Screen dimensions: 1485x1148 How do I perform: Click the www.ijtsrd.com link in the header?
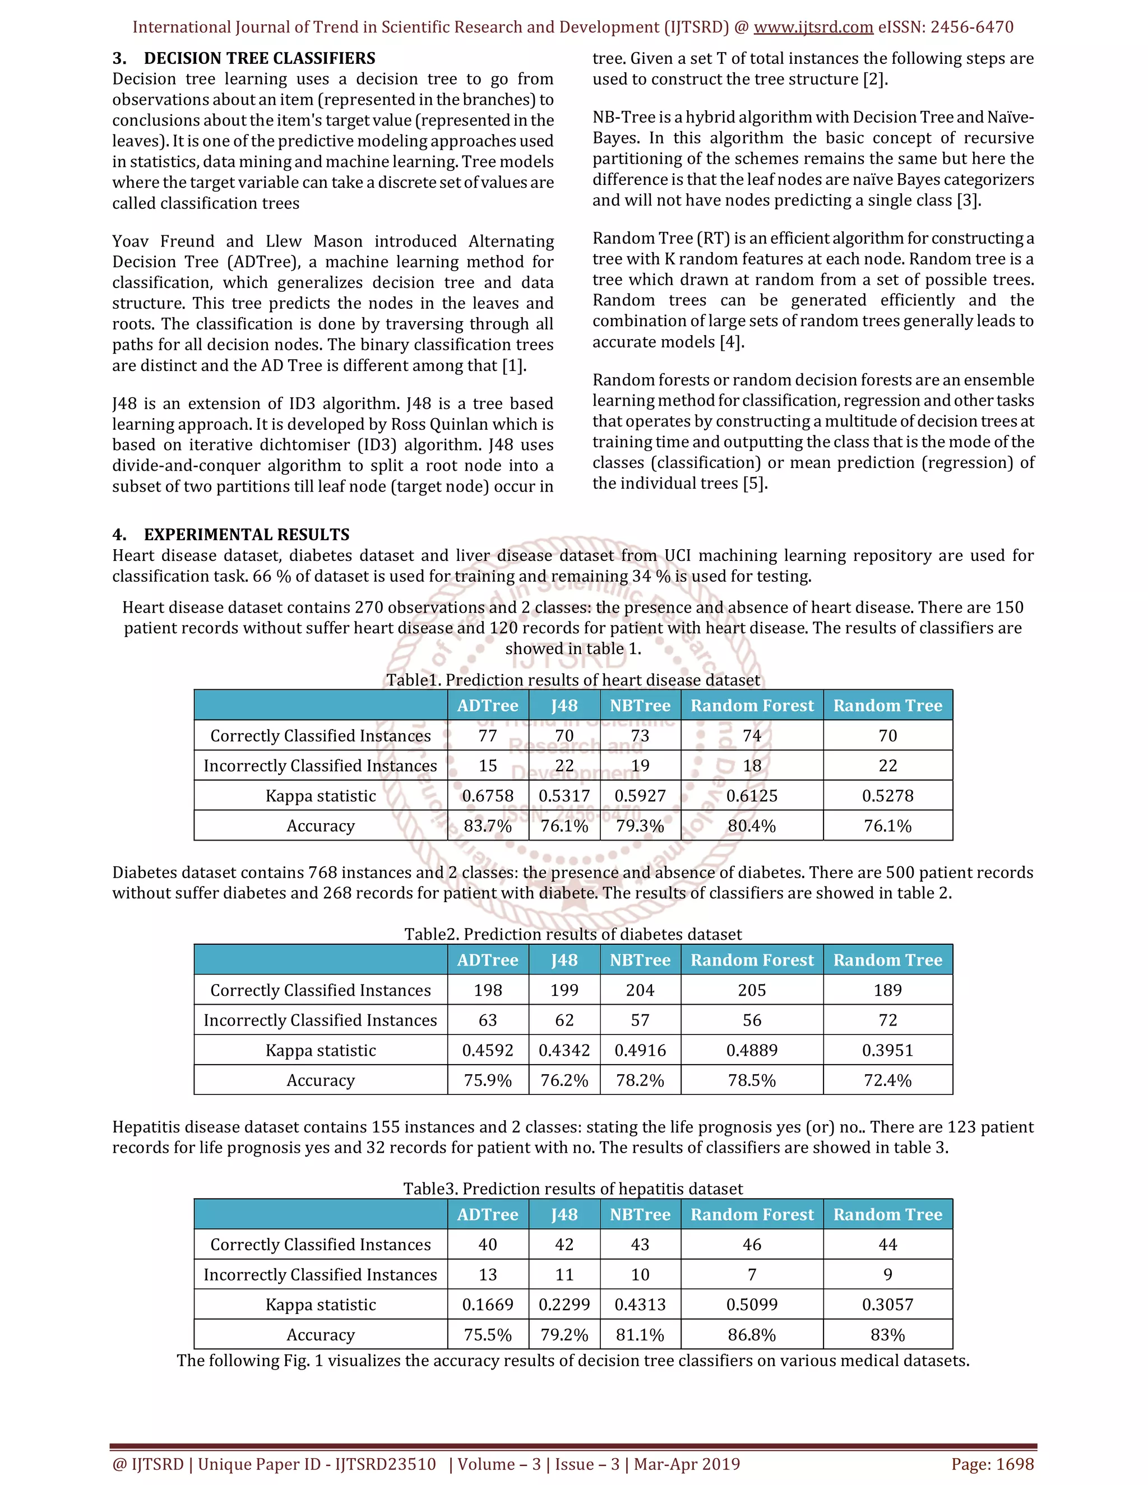tap(813, 27)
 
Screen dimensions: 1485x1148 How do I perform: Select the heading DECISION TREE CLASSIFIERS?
tap(259, 58)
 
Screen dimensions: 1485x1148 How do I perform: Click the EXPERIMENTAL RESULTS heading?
tap(246, 535)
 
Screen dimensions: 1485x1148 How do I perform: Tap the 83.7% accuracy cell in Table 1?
tap(488, 825)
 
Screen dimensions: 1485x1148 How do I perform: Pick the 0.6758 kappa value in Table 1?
tap(488, 796)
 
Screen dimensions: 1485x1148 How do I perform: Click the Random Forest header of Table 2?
tap(752, 960)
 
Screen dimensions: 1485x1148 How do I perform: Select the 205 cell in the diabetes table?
tap(752, 990)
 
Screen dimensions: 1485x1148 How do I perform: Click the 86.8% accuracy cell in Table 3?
tap(752, 1335)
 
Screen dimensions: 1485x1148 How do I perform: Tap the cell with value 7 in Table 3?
tap(752, 1275)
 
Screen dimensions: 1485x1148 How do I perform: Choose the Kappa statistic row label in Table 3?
tap(320, 1305)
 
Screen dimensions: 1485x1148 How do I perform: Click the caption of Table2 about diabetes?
tap(573, 934)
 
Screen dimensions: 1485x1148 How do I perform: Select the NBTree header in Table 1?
tap(640, 706)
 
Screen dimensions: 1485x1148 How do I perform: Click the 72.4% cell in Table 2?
tap(887, 1080)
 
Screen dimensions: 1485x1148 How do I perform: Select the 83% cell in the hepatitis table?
tap(887, 1335)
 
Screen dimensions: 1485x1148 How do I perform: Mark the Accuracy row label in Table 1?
tap(320, 825)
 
